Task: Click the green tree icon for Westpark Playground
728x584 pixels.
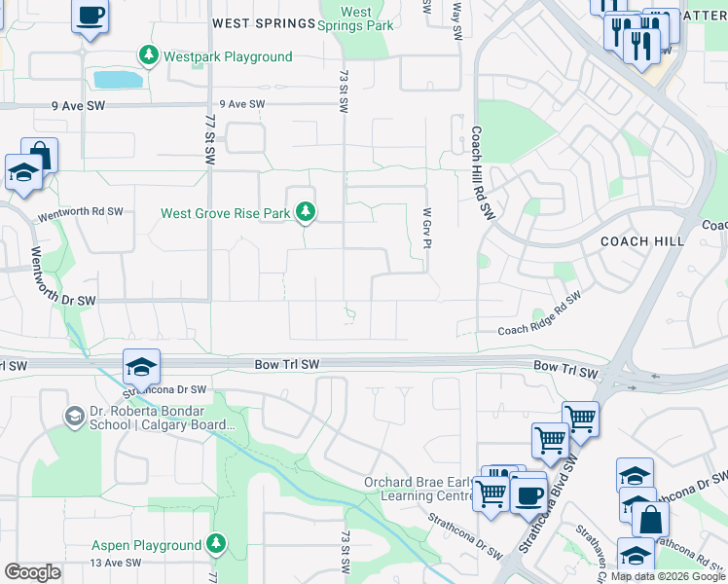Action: click(149, 56)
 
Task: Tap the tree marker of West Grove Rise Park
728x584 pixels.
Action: click(306, 212)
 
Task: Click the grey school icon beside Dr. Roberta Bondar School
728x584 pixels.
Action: click(74, 418)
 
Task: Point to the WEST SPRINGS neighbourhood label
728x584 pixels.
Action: click(258, 22)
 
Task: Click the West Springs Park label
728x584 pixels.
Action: click(356, 18)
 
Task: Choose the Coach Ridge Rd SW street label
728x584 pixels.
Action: click(539, 313)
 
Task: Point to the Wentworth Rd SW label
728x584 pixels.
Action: click(81, 212)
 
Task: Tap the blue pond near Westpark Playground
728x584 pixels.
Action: click(116, 79)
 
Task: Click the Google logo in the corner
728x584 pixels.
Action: click(32, 571)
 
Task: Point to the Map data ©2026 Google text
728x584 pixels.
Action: click(668, 576)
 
